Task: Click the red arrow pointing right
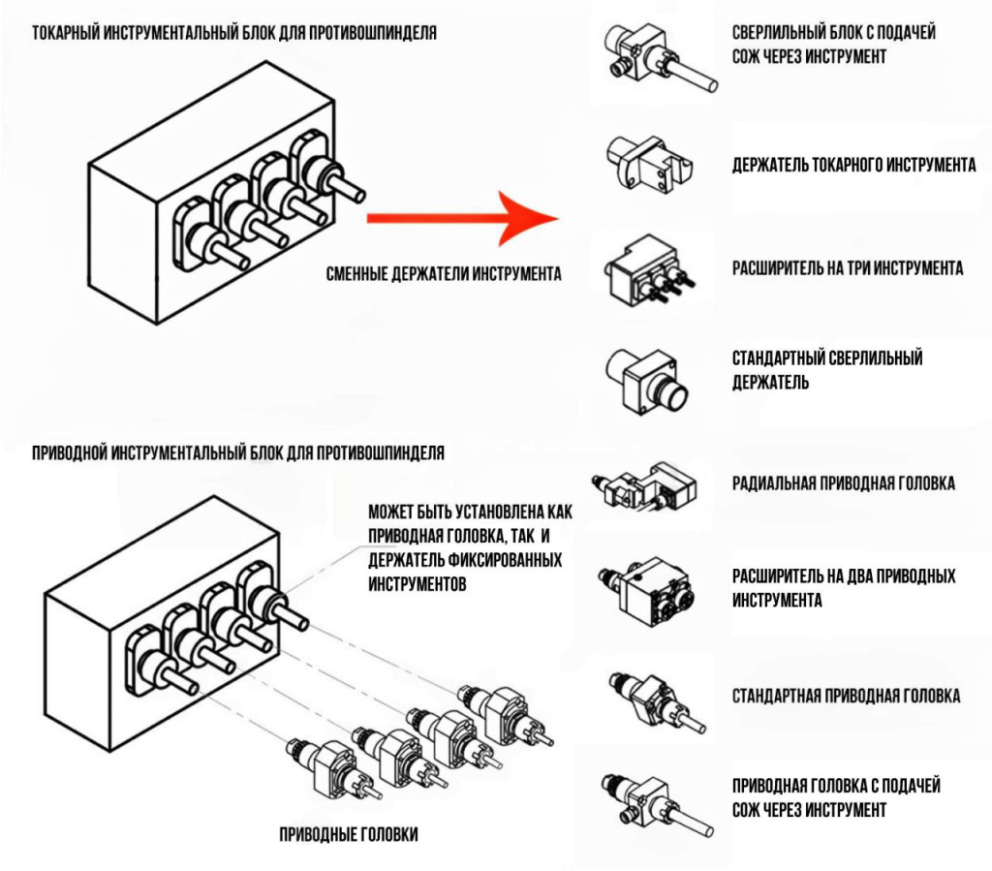(x=463, y=219)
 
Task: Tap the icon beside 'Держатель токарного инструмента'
(x=643, y=165)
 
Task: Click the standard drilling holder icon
(x=646, y=379)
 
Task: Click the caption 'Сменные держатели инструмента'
(x=444, y=274)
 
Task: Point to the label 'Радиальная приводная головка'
(x=843, y=482)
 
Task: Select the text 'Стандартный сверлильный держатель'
(x=827, y=369)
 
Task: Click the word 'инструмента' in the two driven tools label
(x=777, y=600)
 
